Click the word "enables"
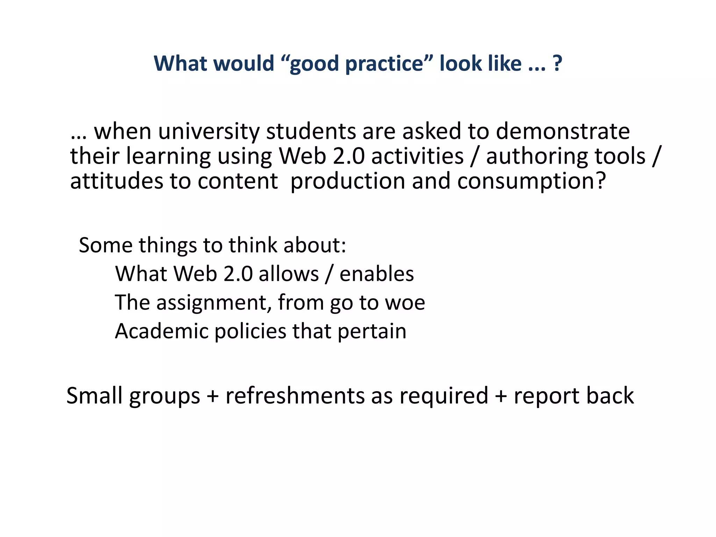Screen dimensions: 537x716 [x=377, y=274]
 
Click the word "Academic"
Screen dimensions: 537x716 [x=161, y=331]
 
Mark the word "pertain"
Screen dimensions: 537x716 [x=372, y=331]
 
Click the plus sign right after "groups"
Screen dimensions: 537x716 [x=213, y=396]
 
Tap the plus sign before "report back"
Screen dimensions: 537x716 [x=501, y=396]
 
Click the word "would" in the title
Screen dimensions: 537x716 [x=244, y=64]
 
